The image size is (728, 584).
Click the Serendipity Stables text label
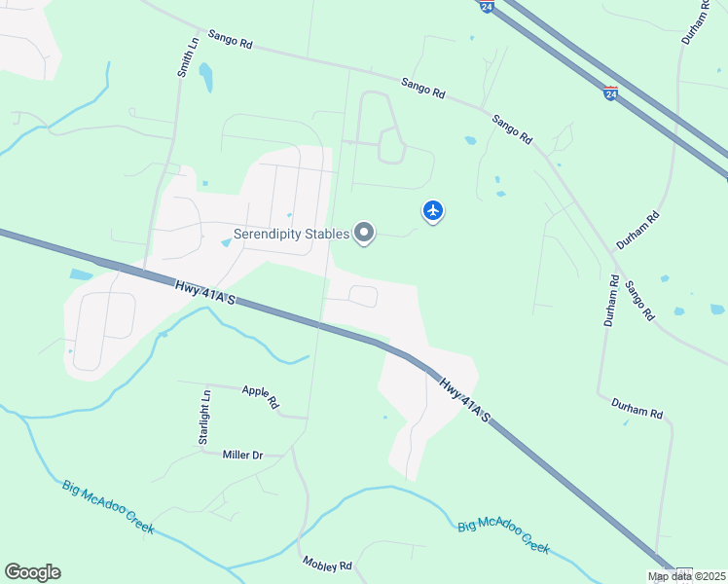tap(291, 235)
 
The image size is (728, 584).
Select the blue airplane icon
tap(433, 210)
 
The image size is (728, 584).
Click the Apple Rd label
tap(261, 396)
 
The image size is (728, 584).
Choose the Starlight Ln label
tap(204, 418)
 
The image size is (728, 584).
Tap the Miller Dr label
tap(243, 455)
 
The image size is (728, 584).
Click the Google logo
tap(32, 572)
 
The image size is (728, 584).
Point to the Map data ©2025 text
tap(686, 576)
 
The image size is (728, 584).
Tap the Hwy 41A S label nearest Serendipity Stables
tap(205, 293)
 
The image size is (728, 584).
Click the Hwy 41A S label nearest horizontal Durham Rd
tap(464, 401)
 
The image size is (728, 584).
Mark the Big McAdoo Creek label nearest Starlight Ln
tap(108, 506)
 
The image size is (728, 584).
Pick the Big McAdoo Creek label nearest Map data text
tap(504, 536)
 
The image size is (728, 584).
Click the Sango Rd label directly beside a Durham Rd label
tap(639, 301)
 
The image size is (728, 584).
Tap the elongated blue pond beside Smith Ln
tap(205, 78)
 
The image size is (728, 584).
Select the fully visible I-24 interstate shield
tap(610, 93)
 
